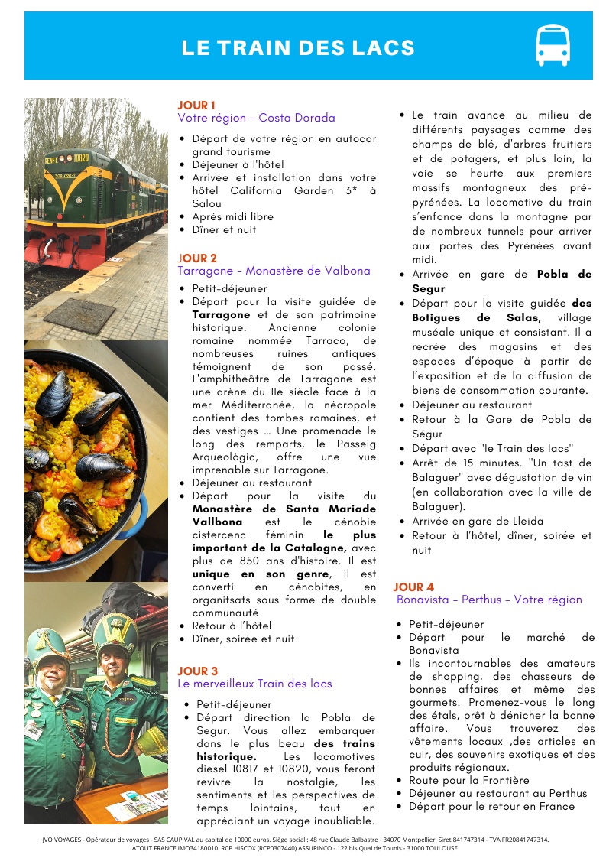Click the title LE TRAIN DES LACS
tap(298, 48)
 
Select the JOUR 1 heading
tap(196, 105)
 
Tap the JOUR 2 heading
tap(197, 258)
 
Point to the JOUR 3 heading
tap(198, 671)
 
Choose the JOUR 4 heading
tap(413, 587)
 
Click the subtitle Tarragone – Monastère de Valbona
tap(274, 271)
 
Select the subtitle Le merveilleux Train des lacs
tap(254, 684)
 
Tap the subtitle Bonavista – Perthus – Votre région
tap(489, 600)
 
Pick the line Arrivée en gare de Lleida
tap(478, 522)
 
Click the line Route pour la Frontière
tap(468, 780)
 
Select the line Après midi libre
tap(232, 216)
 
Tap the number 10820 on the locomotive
tap(81, 158)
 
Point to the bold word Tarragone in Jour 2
tap(221, 314)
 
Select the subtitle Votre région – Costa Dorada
tap(256, 118)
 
